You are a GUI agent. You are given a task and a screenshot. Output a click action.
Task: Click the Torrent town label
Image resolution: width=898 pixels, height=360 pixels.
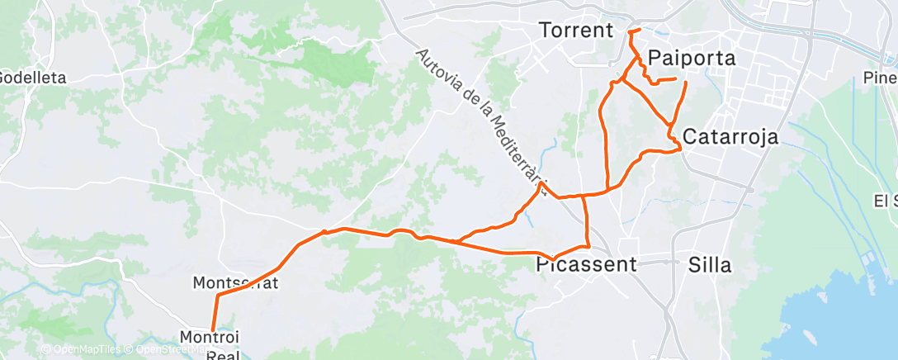point(576,31)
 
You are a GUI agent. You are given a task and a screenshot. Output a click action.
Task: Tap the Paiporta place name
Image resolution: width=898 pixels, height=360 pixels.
point(691,57)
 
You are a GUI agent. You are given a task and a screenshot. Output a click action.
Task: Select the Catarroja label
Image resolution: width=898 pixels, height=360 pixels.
point(730,137)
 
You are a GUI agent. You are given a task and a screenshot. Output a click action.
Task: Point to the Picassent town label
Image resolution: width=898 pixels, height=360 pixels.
point(587,265)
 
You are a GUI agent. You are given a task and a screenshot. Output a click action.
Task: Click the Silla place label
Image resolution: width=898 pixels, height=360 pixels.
point(709,265)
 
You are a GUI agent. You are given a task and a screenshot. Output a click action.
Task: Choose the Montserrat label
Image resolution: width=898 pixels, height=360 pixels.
point(235,282)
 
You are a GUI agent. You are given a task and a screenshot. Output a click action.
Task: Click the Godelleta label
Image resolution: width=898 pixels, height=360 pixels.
point(31,78)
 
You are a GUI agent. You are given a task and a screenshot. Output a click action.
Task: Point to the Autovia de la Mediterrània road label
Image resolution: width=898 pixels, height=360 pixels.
point(481,121)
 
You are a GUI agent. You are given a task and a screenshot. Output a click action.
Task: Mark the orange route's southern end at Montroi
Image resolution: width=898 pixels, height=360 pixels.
point(213,329)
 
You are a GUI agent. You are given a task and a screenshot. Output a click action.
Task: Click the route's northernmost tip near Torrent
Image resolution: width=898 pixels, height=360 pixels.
point(631,31)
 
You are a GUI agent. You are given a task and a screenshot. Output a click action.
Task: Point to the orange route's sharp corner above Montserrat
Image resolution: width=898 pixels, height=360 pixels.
point(218,295)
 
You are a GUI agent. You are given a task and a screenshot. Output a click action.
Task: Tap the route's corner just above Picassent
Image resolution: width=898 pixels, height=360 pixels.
point(588,245)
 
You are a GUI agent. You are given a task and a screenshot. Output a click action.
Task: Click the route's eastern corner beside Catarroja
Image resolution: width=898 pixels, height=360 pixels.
point(680,149)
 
